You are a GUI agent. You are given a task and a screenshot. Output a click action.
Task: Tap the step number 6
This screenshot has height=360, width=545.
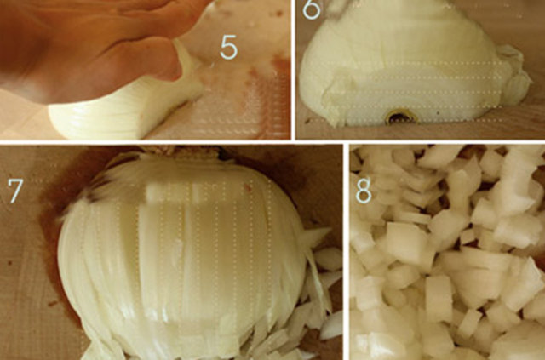pyautogui.click(x=311, y=9)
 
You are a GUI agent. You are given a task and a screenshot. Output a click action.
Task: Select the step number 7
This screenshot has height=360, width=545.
pyautogui.click(x=15, y=191)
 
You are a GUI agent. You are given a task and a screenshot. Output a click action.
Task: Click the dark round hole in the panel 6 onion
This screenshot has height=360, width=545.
pyautogui.click(x=401, y=117)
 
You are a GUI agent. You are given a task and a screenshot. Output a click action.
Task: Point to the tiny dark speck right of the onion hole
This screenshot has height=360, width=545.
pyautogui.click(x=439, y=113)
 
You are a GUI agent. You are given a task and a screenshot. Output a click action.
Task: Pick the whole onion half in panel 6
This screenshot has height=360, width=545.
pyautogui.click(x=414, y=62)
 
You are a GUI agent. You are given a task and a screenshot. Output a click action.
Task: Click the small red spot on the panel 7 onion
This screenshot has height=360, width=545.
pyautogui.click(x=248, y=188)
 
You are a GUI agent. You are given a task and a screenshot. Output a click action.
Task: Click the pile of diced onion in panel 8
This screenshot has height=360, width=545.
pyautogui.click(x=447, y=253)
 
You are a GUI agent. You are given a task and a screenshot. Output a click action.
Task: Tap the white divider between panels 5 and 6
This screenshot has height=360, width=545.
pyautogui.click(x=293, y=70)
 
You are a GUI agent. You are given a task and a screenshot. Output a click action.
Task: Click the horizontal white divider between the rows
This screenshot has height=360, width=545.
pyautogui.click(x=272, y=142)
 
